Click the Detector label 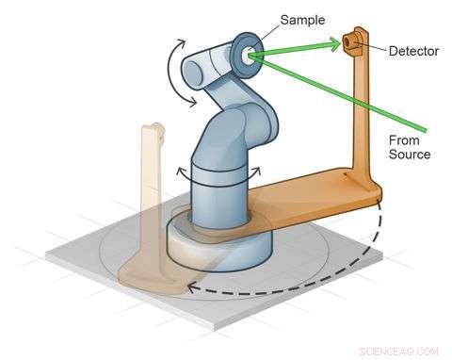(x=413, y=51)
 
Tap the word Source (x=412, y=154)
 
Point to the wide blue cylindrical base (x=218, y=243)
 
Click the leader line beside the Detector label (x=375, y=46)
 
